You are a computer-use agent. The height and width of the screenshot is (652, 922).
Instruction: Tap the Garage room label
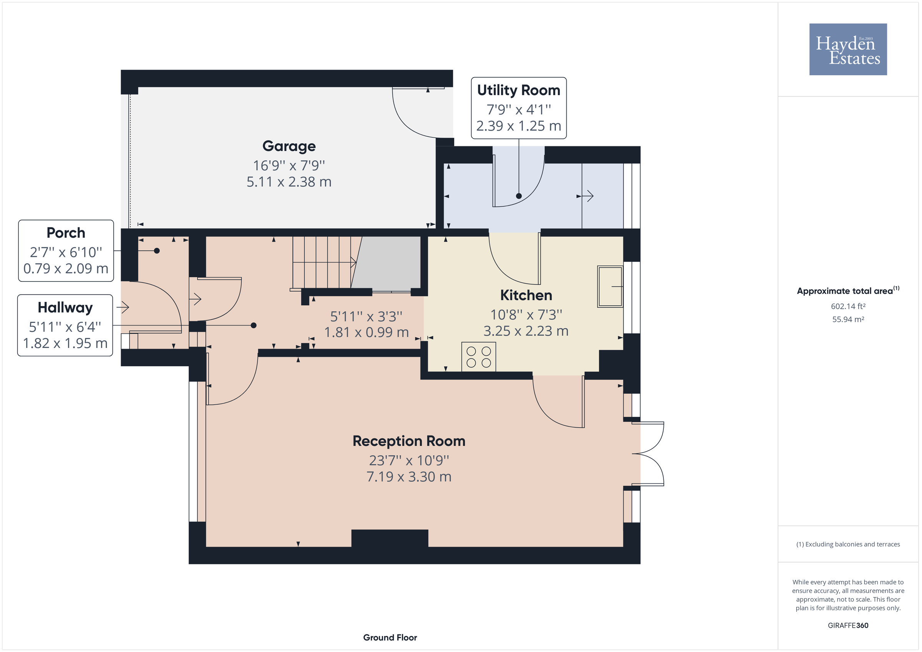pos(289,146)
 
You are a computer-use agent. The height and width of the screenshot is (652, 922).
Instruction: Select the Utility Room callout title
pos(518,90)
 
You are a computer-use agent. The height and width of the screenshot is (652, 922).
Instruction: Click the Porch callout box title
pos(66,233)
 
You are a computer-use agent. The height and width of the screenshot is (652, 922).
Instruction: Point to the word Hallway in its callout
pos(65,308)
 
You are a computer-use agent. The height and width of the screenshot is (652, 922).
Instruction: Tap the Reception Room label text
pos(408,441)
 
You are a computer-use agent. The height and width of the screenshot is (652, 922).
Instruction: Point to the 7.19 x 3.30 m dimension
pos(408,477)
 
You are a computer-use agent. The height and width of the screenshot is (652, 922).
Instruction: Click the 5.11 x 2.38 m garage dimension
pos(289,182)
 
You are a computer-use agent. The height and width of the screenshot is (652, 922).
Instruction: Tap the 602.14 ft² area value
pos(848,306)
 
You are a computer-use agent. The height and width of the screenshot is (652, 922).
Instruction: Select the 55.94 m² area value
pos(848,319)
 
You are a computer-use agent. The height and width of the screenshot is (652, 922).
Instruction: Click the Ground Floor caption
pos(390,637)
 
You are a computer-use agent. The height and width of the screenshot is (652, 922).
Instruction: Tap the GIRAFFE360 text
pos(848,626)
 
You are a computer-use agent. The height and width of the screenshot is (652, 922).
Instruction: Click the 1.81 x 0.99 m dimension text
pos(366,333)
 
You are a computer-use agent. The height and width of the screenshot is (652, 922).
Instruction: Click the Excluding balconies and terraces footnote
pos(848,544)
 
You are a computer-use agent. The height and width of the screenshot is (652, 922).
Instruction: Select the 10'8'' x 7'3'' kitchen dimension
pos(526,315)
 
